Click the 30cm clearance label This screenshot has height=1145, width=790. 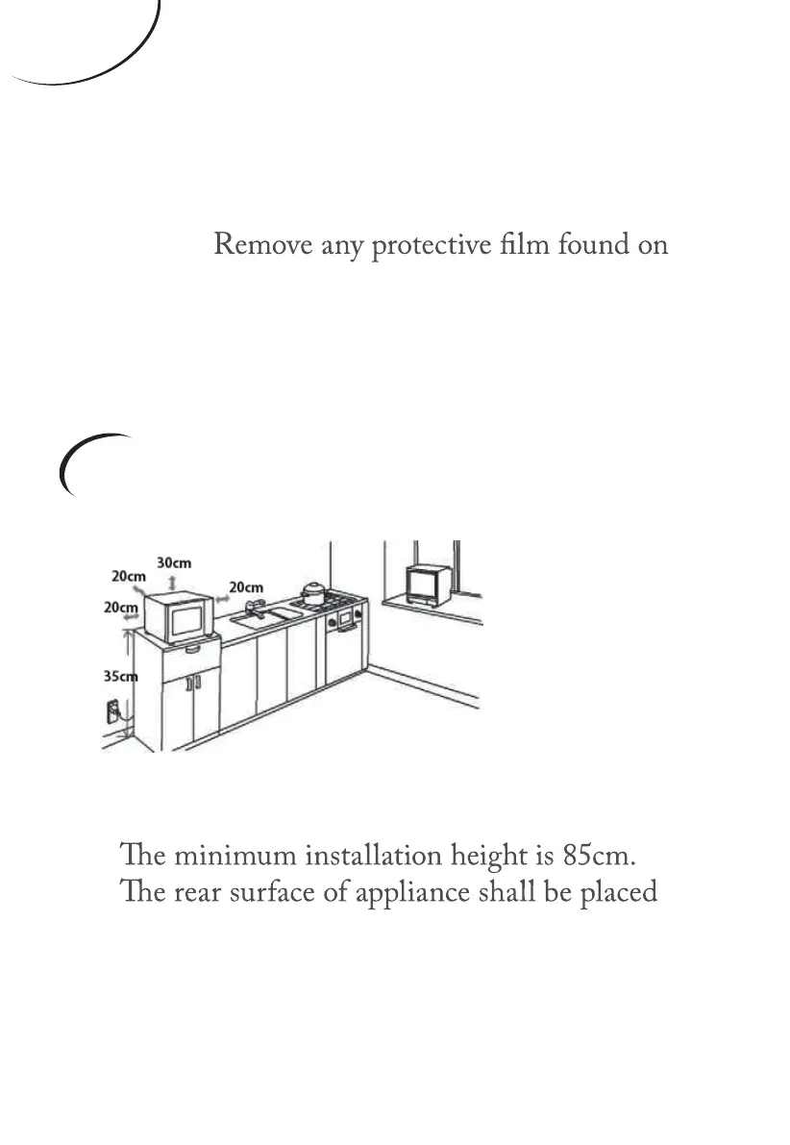(173, 562)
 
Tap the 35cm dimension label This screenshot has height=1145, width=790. (120, 676)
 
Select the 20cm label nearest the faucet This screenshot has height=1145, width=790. (246, 586)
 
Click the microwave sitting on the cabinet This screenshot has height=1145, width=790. (179, 619)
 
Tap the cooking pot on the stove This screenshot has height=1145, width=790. (313, 592)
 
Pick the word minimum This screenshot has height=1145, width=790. (211, 854)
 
